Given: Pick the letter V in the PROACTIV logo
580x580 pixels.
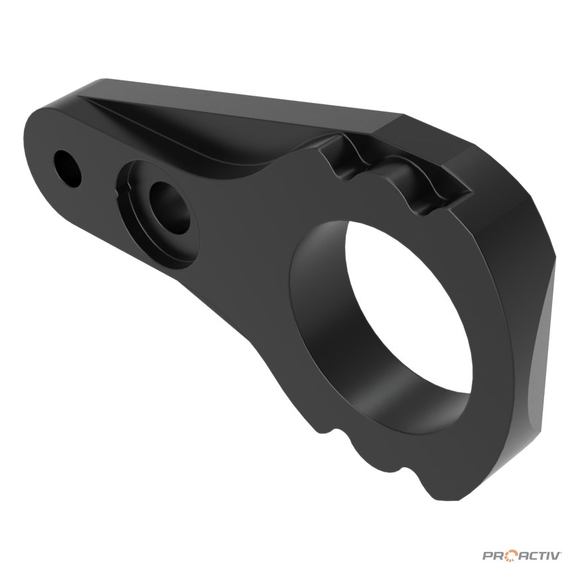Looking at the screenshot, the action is pos(555,556).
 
